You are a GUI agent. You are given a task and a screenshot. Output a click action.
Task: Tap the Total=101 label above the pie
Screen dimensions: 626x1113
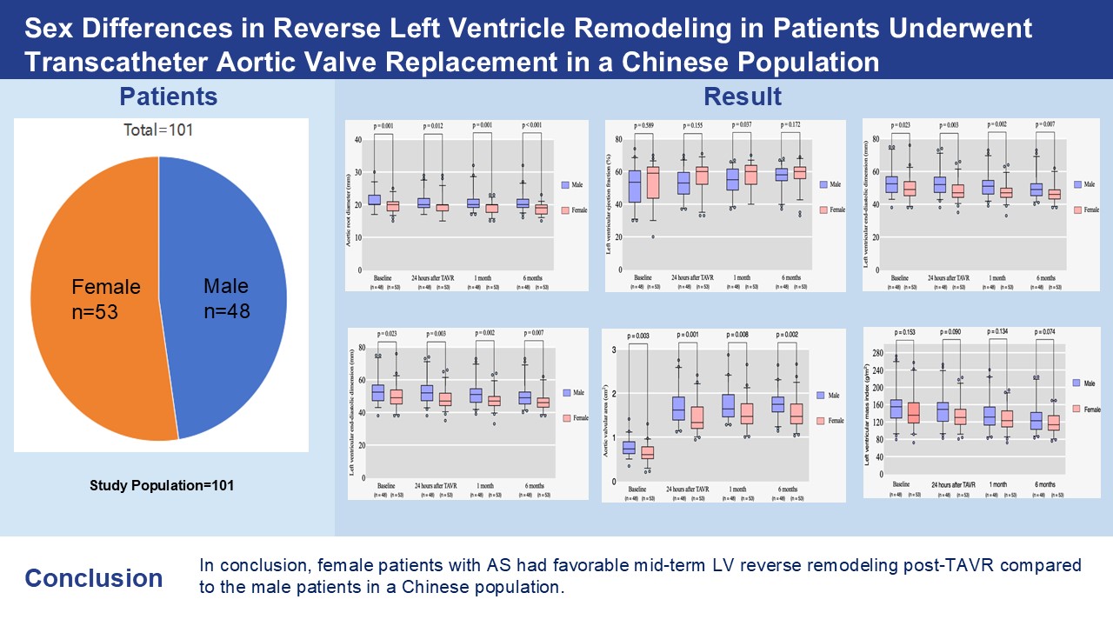click(x=159, y=130)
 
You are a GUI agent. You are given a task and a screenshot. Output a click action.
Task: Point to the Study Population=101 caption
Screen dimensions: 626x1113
click(x=162, y=485)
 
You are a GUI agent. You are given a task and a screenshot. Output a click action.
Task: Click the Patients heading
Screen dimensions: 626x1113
click(x=168, y=96)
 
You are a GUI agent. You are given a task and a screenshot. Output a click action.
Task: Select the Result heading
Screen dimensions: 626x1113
click(x=743, y=96)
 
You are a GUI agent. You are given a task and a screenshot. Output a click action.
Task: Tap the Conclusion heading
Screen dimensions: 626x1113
click(x=93, y=578)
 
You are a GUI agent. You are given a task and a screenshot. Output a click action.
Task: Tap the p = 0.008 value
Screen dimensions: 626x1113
click(x=741, y=335)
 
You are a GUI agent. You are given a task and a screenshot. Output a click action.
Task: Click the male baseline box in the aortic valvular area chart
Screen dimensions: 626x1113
click(x=630, y=447)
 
